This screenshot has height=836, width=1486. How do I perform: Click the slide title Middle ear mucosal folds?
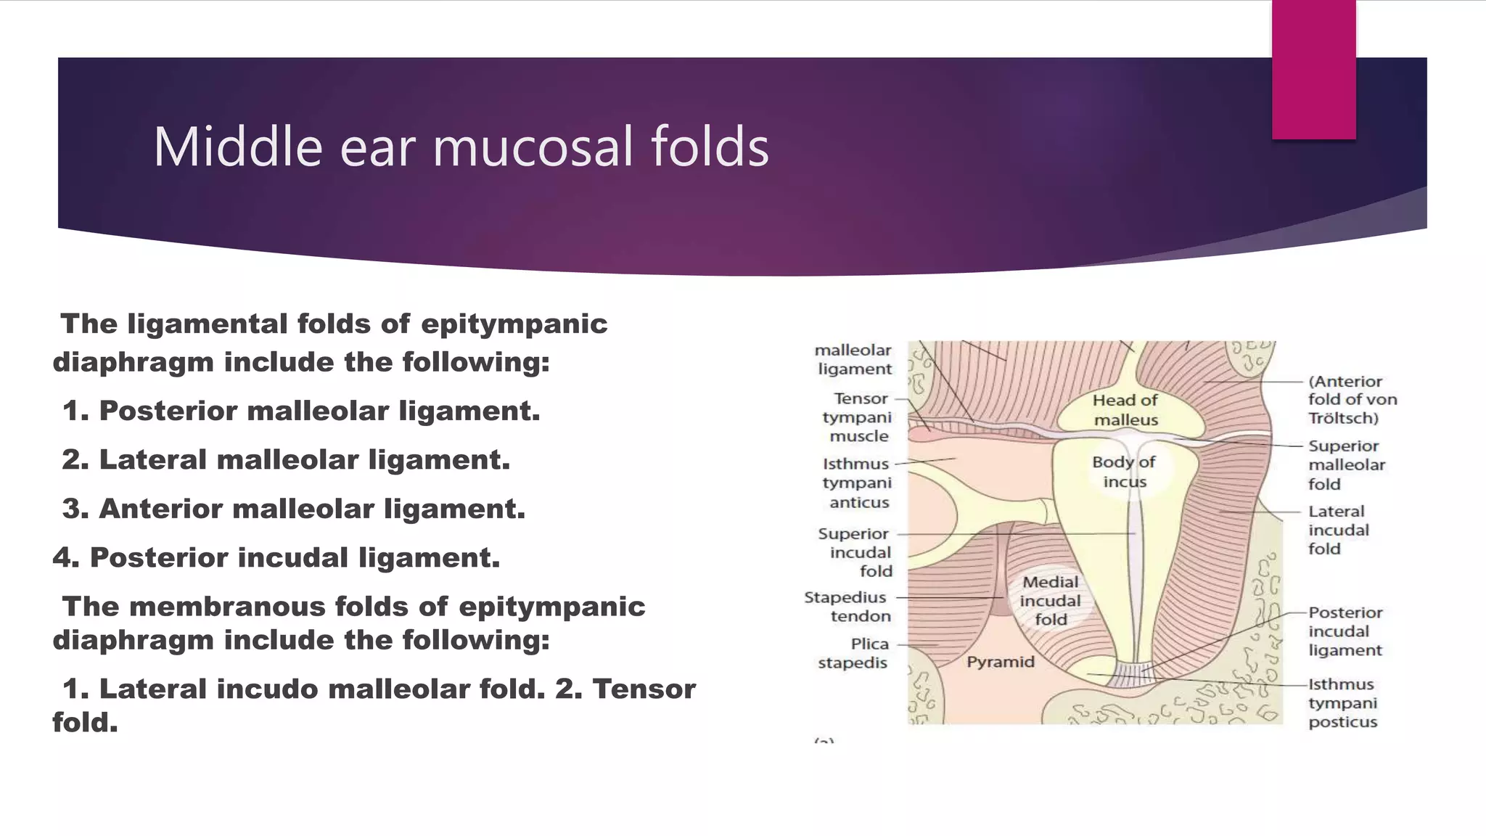pyautogui.click(x=461, y=147)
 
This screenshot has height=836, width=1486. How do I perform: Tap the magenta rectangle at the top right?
pyautogui.click(x=1313, y=70)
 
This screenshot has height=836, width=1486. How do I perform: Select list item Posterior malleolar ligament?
pyautogui.click(x=301, y=411)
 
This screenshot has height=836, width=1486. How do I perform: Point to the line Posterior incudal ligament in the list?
pyautogui.click(x=276, y=557)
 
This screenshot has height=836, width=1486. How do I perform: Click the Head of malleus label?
pyautogui.click(x=1125, y=410)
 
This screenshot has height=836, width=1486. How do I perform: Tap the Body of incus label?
pyautogui.click(x=1124, y=472)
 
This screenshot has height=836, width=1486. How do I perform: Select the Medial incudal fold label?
pyautogui.click(x=1050, y=600)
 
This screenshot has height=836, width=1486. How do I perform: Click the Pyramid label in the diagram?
pyautogui.click(x=1000, y=662)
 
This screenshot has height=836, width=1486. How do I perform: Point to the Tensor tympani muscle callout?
pyautogui.click(x=859, y=417)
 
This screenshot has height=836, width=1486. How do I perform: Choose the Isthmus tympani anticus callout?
pyautogui.click(x=857, y=483)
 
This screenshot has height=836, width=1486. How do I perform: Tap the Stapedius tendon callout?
pyautogui.click(x=847, y=607)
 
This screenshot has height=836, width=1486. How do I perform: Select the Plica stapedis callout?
pyautogui.click(x=853, y=653)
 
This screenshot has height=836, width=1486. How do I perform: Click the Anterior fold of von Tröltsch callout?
pyautogui.click(x=1352, y=399)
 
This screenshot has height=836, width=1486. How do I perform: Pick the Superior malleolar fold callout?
pyautogui.click(x=1346, y=464)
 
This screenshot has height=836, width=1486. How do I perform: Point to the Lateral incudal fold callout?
pyautogui.click(x=1338, y=530)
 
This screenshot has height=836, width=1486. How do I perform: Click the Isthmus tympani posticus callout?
pyautogui.click(x=1342, y=702)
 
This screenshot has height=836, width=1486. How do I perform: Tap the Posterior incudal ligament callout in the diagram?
pyautogui.click(x=1345, y=631)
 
